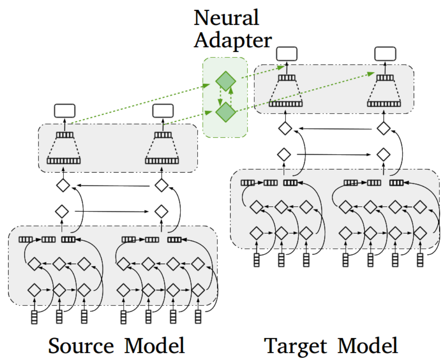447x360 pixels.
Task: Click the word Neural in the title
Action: coord(227,18)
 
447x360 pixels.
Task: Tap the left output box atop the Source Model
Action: coord(64,110)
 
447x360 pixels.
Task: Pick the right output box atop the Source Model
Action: coord(163,110)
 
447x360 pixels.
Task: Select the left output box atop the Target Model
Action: coord(286,54)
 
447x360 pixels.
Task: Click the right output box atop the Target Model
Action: coord(385,54)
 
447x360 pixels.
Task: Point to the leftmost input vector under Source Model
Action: coord(34,317)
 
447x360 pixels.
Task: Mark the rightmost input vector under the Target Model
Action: coord(420,260)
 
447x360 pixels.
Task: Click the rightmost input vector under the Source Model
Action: coord(198,317)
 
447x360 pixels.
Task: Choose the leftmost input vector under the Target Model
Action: coord(257,260)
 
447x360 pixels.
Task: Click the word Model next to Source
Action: coord(155,346)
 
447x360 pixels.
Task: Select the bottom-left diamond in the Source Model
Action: coord(34,289)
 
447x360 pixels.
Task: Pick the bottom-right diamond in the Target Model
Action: coord(420,232)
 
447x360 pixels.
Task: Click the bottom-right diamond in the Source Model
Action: coord(198,289)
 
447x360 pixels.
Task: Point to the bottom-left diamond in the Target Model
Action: coord(257,232)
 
